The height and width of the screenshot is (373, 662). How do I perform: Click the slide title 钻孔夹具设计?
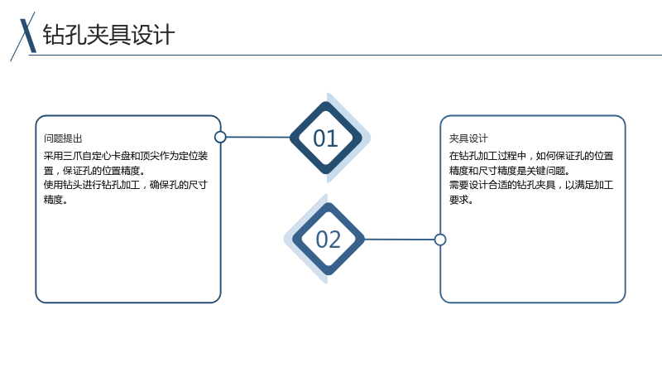(x=108, y=34)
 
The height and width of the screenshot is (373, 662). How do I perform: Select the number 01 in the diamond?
(x=325, y=138)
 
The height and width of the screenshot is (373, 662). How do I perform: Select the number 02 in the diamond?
(x=328, y=240)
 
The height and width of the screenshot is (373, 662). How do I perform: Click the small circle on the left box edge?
(x=220, y=137)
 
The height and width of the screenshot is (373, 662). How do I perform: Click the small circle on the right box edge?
(x=440, y=240)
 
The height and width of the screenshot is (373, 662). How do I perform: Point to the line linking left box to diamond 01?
(x=258, y=137)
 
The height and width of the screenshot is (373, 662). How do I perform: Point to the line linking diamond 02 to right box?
(x=400, y=240)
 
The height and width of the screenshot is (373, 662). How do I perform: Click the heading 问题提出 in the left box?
(x=63, y=138)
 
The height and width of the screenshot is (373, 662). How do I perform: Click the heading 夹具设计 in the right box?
(x=468, y=138)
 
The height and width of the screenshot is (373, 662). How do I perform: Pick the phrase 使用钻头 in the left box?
(x=63, y=185)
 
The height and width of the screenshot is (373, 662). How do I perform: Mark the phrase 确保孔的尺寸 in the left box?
(x=179, y=185)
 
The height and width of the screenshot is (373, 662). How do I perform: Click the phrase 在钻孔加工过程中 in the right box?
(x=487, y=156)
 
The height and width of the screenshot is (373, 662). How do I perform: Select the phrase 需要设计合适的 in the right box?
(x=482, y=185)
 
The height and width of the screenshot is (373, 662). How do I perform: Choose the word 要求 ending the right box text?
(x=458, y=199)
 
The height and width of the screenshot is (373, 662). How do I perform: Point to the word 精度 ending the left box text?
(x=53, y=199)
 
